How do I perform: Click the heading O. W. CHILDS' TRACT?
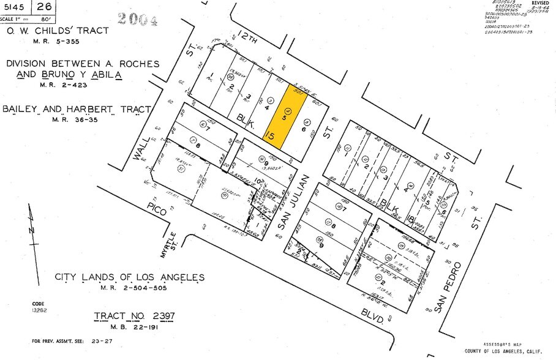(58, 31)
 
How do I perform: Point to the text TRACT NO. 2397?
(134, 317)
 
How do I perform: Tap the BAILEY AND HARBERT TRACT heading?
(77, 110)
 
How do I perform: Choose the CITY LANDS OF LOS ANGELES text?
(129, 277)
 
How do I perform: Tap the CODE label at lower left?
(39, 304)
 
